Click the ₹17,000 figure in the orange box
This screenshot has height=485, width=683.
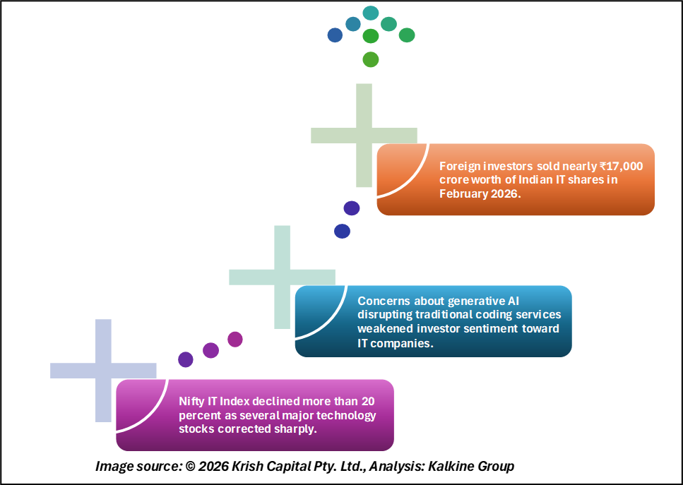coord(621,166)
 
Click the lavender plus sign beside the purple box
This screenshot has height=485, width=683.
coord(103,370)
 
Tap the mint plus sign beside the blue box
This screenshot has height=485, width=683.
coord(282,277)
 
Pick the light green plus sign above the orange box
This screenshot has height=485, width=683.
coord(364,135)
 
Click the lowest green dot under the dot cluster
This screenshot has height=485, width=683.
coord(370,59)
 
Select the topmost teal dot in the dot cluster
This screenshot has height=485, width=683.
coord(370,13)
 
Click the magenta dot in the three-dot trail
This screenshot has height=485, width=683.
coord(235,339)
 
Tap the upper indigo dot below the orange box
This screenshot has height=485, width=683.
coord(351,208)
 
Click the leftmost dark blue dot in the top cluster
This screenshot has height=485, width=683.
coord(335,35)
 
